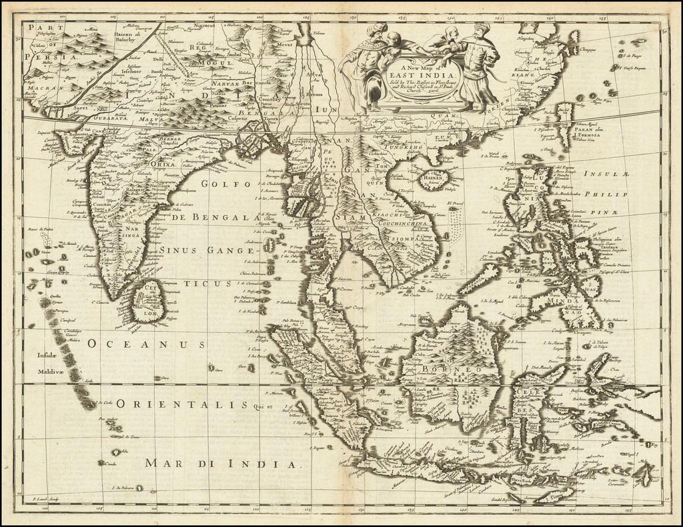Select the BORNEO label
(444, 368)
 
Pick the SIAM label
(351, 217)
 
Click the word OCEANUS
(146, 344)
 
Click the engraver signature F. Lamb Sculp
(49, 499)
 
